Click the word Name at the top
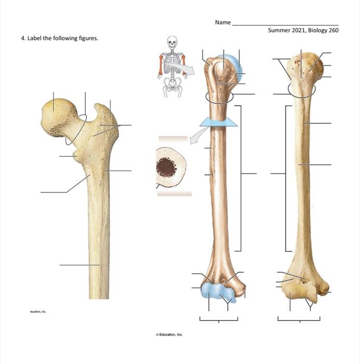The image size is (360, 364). tap(222, 23)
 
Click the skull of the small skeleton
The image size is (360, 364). tap(172, 41)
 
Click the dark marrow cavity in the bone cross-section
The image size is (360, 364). tap(166, 166)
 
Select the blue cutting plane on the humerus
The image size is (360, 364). tap(219, 123)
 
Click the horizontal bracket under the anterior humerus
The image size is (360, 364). tap(219, 319)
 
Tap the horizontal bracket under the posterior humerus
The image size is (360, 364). tap(299, 319)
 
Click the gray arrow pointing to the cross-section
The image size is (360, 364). tap(196, 137)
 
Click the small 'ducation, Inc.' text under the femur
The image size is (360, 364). tap(38, 311)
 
